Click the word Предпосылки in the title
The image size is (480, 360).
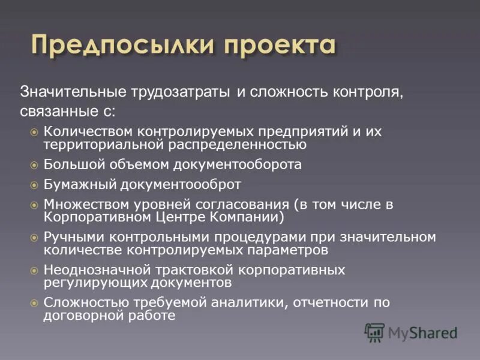123,47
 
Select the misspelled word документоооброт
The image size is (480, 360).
178,184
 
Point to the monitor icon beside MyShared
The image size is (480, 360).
374,332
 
